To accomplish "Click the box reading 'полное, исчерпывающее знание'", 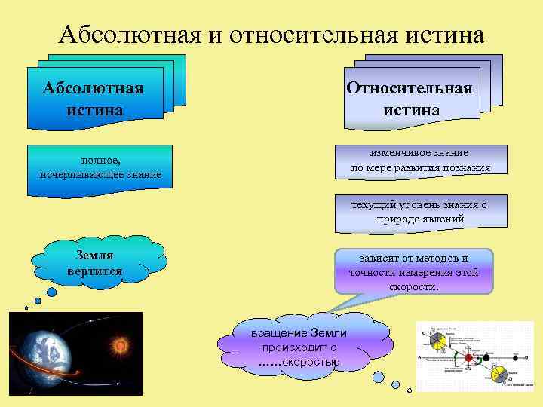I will (100, 168).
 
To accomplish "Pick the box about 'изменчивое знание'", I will (420, 160).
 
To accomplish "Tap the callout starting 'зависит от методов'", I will (413, 272).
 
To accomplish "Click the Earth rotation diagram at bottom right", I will (474, 357).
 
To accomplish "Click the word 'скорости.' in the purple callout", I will (414, 286).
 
